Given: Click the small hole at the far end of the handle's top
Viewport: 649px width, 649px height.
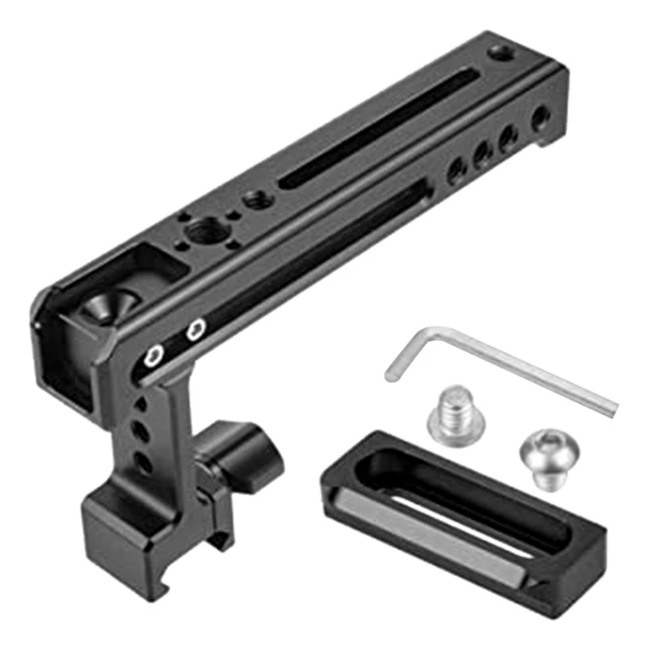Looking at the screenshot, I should [x=498, y=54].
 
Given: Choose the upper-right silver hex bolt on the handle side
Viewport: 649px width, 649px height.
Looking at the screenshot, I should [x=195, y=329].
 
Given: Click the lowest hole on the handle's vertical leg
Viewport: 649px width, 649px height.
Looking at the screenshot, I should [x=142, y=463].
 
